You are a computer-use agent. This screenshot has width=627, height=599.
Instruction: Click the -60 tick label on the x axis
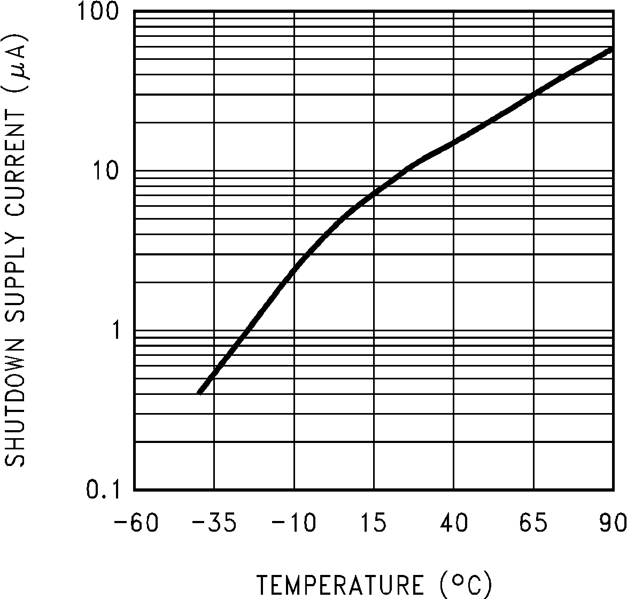136,523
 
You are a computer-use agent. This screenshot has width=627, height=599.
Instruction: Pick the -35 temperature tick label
214,523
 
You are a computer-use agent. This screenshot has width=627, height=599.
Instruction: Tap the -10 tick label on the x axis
293,523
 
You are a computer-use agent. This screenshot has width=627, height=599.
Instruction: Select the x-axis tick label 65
533,523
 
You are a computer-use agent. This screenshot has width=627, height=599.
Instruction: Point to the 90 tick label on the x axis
613,523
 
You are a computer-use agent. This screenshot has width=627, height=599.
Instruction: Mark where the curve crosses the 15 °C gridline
374,193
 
